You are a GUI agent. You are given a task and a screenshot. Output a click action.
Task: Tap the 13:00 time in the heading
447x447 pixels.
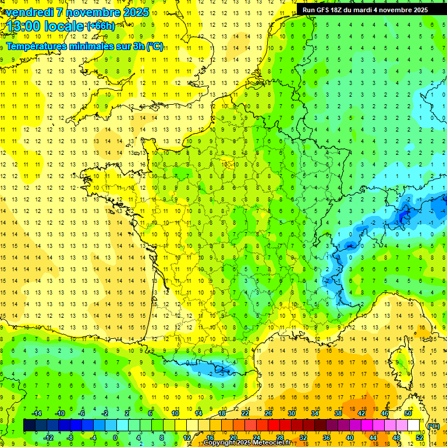24,26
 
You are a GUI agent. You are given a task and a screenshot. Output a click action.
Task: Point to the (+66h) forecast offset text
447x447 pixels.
100,26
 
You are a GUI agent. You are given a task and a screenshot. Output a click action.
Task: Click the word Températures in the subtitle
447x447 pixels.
35,46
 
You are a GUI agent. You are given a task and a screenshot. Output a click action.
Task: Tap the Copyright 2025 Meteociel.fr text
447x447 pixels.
247,443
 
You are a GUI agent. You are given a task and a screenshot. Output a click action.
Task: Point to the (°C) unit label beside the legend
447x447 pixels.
433,426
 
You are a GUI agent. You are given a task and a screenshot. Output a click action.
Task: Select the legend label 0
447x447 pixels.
115,438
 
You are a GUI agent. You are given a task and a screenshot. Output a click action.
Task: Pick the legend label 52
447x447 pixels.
419,438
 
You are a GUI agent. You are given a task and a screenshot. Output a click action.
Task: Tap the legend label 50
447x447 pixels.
407,413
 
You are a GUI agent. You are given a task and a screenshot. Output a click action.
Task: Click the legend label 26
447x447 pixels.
268,413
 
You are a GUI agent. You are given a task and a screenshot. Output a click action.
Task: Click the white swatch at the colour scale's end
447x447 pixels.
414,425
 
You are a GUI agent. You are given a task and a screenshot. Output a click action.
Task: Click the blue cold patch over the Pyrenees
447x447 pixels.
218,368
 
